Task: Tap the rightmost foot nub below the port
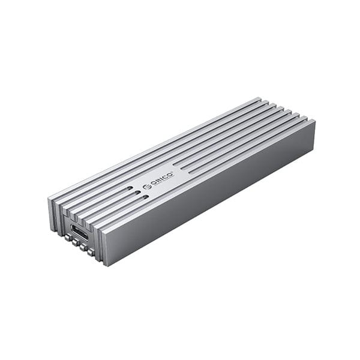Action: click(x=91, y=253)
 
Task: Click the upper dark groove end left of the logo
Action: click(x=130, y=188)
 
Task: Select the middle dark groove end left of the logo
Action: click(x=137, y=194)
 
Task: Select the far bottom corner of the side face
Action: click(x=314, y=146)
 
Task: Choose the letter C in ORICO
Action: click(x=167, y=176)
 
